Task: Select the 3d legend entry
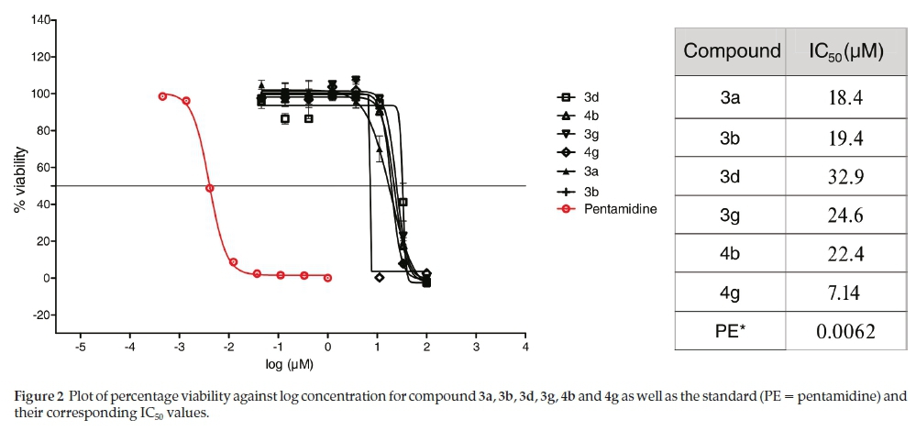click(592, 96)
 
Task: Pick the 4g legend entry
click(592, 152)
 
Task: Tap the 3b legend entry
click(592, 191)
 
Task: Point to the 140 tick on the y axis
click(39, 20)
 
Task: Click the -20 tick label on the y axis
click(39, 315)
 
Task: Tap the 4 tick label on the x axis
click(524, 348)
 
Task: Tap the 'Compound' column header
click(732, 51)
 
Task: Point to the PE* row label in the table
click(732, 331)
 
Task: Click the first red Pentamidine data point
click(162, 96)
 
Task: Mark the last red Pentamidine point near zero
click(328, 277)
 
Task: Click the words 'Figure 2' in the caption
click(39, 396)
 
